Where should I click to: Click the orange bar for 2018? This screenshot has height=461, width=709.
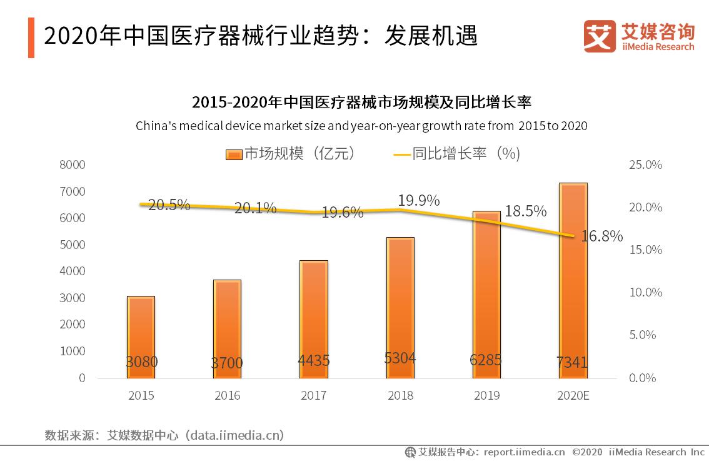pos(400,306)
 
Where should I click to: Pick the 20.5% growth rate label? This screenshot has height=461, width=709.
pos(169,205)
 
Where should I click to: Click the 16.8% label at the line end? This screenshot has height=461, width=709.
pos(601,236)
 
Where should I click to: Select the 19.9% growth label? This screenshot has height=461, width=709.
pos(418,200)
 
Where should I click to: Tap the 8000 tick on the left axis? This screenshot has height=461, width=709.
pos(73,165)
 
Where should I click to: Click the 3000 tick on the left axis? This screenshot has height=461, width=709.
pos(73,298)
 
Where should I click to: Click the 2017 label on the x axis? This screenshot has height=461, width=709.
pos(313,395)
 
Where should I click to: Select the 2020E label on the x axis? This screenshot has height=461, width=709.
pos(573,395)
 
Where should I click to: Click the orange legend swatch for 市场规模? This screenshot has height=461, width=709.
pos(233,154)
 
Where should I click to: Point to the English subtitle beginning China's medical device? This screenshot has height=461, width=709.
pos(361,126)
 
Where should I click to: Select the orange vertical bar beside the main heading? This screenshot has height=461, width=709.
pos(31,37)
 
